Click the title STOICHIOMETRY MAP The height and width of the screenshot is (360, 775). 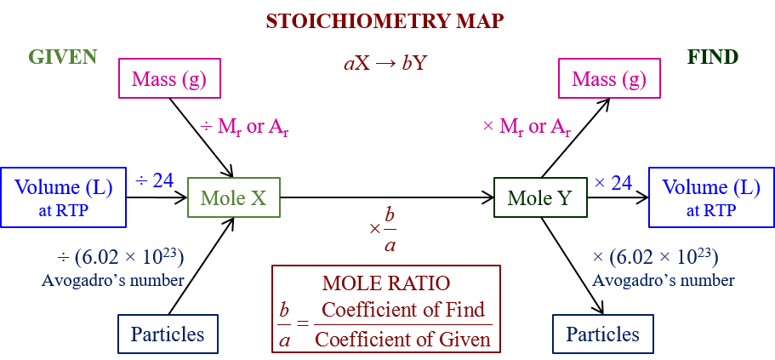(385, 21)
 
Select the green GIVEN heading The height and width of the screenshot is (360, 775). (63, 57)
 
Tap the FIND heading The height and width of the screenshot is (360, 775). (712, 57)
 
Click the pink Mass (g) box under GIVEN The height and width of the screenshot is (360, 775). (169, 79)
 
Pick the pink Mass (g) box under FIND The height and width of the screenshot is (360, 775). (608, 79)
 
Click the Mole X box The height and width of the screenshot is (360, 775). (233, 198)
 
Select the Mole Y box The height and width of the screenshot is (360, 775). (539, 198)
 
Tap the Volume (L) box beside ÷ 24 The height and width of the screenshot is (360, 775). (62, 197)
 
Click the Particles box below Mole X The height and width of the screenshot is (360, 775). (168, 334)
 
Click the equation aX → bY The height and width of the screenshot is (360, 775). (385, 62)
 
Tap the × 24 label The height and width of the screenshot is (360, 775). (613, 181)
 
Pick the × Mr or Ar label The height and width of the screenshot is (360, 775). (527, 128)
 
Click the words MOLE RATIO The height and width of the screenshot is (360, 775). (386, 283)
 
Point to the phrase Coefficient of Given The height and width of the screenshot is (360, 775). (402, 339)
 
